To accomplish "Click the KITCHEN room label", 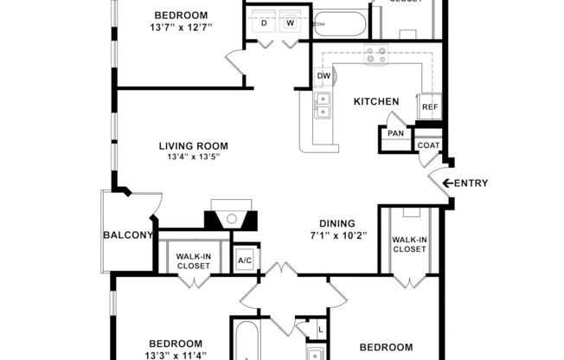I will pyautogui.click(x=376, y=101).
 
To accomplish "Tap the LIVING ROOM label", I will pyautogui.click(x=193, y=145).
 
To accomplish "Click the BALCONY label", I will pyautogui.click(x=128, y=235).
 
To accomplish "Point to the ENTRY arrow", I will pyautogui.click(x=448, y=183).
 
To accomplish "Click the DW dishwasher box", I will pyautogui.click(x=324, y=77).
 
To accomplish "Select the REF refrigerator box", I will pyautogui.click(x=429, y=107).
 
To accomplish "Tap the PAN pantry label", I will pyautogui.click(x=395, y=133).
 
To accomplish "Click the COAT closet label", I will pyautogui.click(x=428, y=145).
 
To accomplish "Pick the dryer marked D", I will pyautogui.click(x=264, y=23).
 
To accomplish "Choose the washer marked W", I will pyautogui.click(x=290, y=23).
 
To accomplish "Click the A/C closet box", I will pyautogui.click(x=244, y=260).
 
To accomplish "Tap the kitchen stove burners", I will pyautogui.click(x=376, y=57).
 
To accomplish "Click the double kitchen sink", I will pyautogui.click(x=323, y=106).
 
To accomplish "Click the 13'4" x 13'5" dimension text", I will pyautogui.click(x=193, y=157).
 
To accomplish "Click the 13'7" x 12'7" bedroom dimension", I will pyautogui.click(x=181, y=28).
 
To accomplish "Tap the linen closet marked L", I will pyautogui.click(x=320, y=331).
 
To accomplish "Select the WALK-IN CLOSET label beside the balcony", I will pyautogui.click(x=193, y=260).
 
